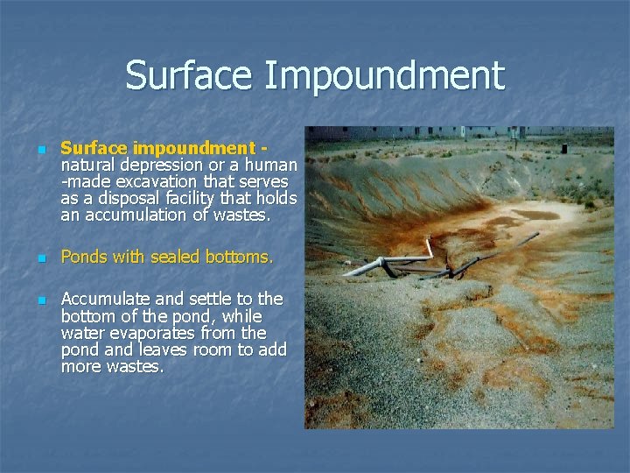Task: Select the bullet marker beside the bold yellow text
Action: click(39, 150)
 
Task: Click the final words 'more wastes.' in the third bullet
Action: click(112, 367)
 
